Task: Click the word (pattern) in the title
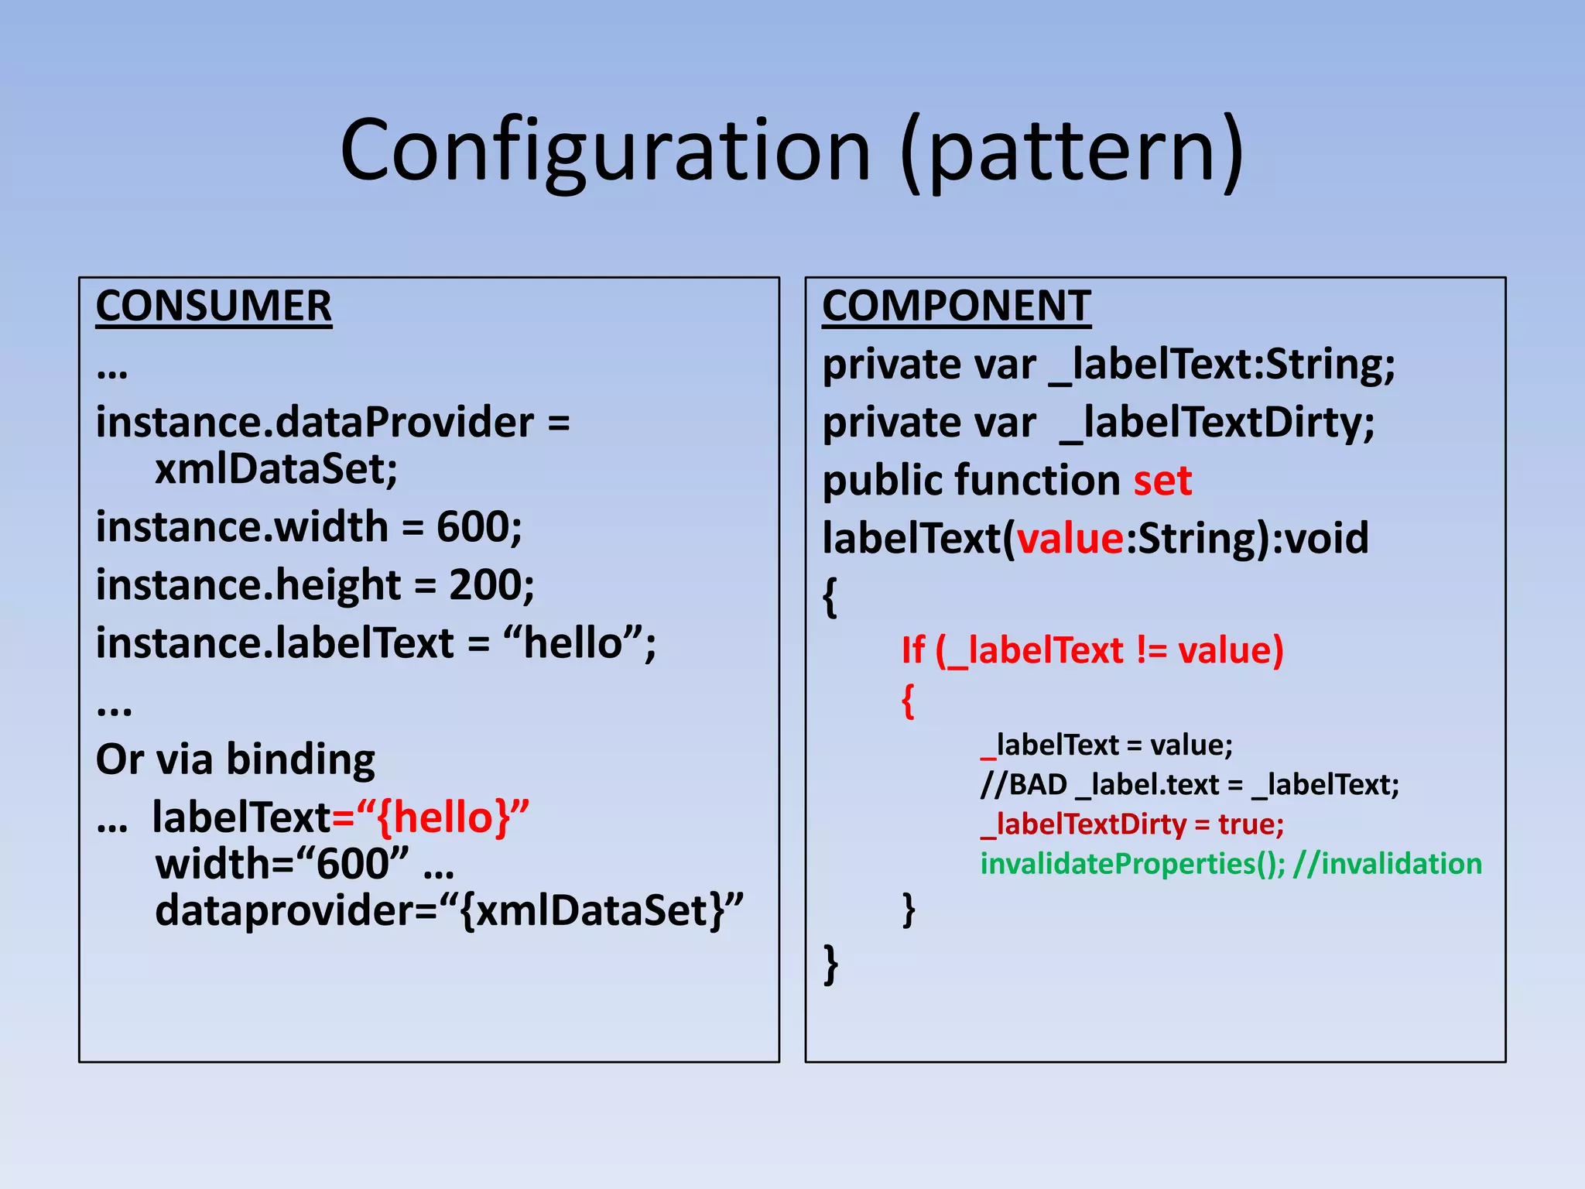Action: tap(1072, 151)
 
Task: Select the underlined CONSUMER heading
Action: tap(214, 307)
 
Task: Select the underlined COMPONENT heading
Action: tap(956, 307)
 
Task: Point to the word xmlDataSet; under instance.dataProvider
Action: tap(276, 469)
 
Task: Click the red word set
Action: tap(1162, 481)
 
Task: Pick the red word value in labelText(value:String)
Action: tap(1070, 539)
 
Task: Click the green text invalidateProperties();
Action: tap(1132, 864)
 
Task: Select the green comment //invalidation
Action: tap(1387, 864)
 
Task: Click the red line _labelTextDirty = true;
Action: tap(1132, 824)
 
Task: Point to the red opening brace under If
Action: tap(909, 701)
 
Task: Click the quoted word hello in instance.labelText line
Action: tap(573, 643)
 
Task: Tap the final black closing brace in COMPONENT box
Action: tap(830, 965)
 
